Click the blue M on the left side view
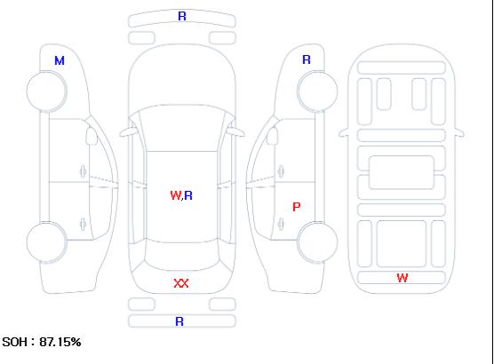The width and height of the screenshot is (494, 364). coord(60,60)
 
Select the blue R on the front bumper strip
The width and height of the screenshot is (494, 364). coord(182,16)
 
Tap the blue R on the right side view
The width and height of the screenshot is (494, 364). coord(307,59)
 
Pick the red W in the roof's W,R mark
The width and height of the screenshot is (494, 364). coord(176,195)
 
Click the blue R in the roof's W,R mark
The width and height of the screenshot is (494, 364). coord(188,195)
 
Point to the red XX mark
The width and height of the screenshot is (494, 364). coord(181,283)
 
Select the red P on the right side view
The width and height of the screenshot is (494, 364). coord(297,207)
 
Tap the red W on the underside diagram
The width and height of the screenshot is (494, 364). coord(402,278)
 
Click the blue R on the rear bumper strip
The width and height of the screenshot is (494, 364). coord(179,321)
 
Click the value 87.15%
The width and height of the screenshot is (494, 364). coord(60,342)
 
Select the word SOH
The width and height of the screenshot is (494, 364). coord(14,342)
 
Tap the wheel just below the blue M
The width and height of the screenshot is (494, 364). coord(46,91)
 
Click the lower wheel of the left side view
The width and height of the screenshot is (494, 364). coord(46,242)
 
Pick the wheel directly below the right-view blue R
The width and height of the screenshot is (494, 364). coord(317,91)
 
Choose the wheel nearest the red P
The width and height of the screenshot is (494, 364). coord(317,242)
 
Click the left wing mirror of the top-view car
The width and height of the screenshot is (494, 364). coord(127,132)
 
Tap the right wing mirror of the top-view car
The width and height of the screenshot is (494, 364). coord(236,132)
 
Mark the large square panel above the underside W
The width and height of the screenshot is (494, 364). coord(402,243)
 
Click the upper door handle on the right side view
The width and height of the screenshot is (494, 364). coord(281,171)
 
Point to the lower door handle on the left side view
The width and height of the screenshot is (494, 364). coord(83,224)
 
